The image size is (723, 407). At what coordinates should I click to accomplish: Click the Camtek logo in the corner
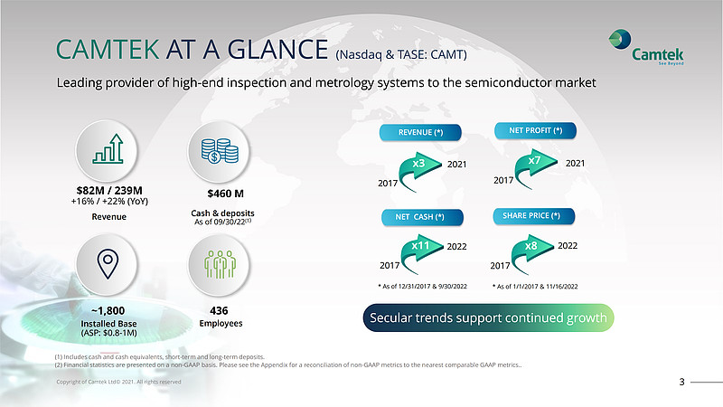(646, 47)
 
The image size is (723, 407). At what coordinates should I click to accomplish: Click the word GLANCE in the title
(277, 50)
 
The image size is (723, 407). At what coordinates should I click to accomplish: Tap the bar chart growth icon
(108, 149)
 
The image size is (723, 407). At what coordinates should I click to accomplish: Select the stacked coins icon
(220, 151)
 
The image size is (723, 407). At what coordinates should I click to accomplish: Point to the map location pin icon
(108, 263)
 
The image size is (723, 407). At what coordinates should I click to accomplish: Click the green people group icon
(220, 264)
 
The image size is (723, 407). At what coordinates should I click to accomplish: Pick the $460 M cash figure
(225, 194)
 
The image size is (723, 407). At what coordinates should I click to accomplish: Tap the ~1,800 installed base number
(108, 310)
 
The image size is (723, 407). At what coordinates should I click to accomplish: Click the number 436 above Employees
(219, 310)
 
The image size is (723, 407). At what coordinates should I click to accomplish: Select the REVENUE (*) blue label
(420, 132)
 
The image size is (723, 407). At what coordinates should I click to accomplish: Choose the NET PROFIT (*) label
(535, 130)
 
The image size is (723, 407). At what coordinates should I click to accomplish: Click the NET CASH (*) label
(422, 217)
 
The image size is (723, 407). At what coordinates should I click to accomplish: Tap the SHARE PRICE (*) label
(533, 215)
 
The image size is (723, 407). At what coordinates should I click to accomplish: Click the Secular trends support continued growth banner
(488, 318)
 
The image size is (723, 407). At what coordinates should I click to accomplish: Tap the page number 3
(682, 382)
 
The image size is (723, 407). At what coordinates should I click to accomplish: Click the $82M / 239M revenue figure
(109, 191)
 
